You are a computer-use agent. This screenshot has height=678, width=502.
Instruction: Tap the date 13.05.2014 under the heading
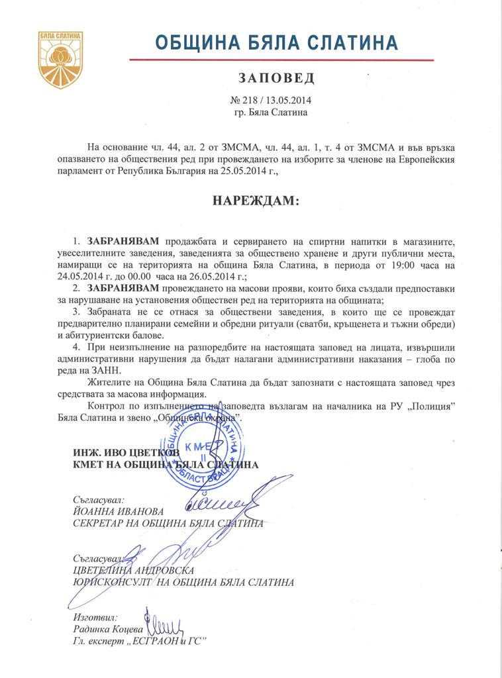click(288, 101)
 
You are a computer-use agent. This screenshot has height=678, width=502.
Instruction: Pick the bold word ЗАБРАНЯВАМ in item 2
click(123, 289)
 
